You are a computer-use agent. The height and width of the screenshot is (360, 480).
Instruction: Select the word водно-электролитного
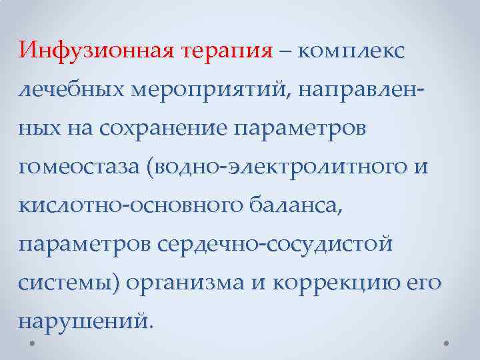279,167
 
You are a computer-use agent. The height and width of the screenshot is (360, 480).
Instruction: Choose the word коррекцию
339,283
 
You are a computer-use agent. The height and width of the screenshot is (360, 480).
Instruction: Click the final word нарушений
86,322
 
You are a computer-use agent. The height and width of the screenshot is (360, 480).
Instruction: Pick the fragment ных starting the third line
38,129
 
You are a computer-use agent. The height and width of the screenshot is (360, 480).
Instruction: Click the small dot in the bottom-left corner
33,344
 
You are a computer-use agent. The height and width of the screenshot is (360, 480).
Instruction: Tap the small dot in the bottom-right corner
446,344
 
